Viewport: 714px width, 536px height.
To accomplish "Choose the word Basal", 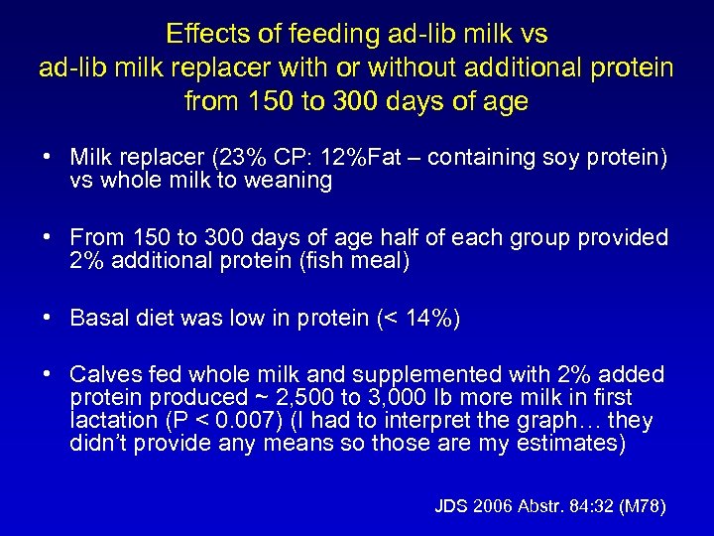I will (x=97, y=319).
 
